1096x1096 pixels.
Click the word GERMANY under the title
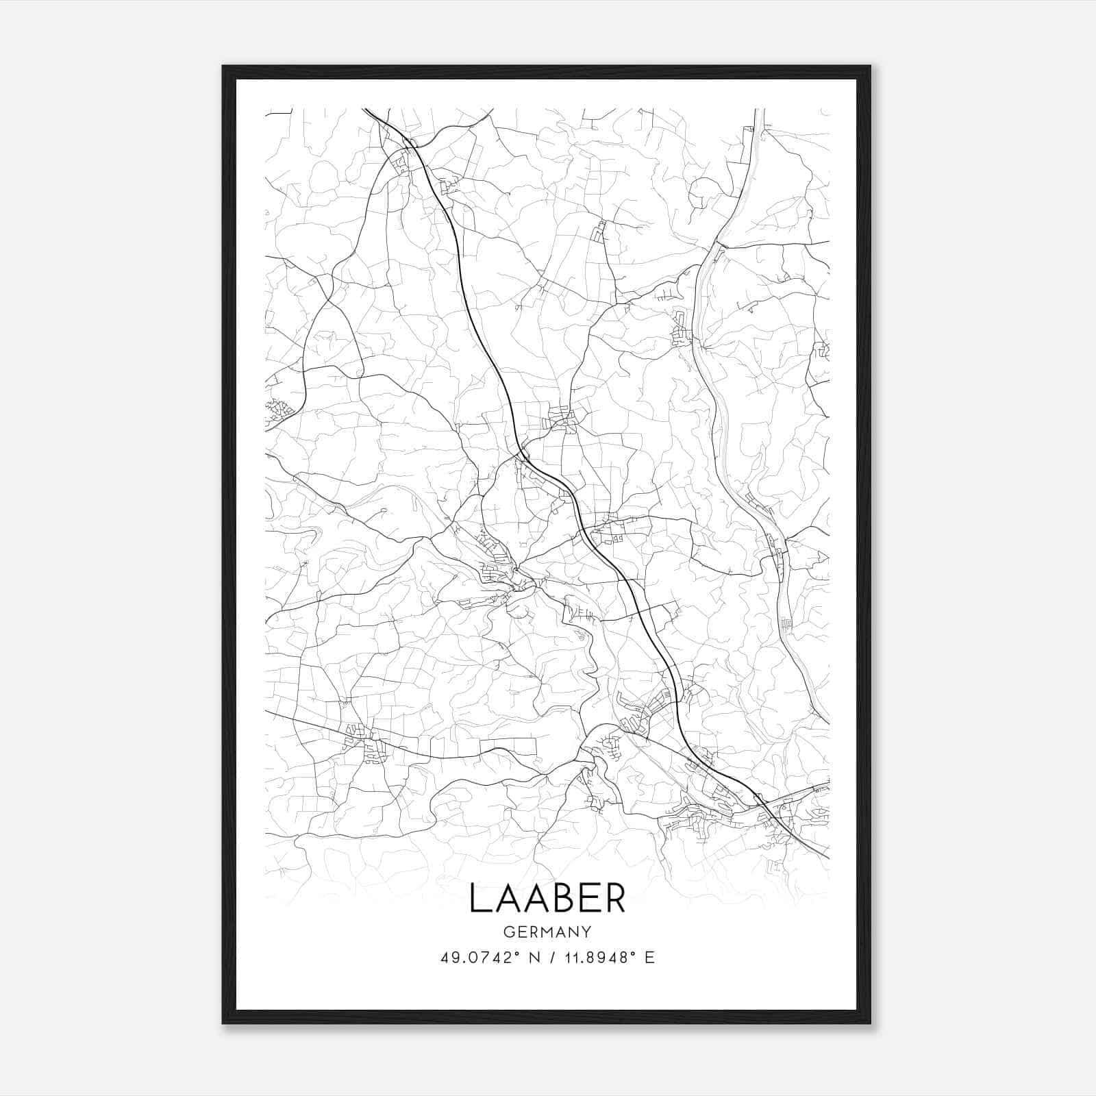547,932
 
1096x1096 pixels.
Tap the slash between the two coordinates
551,958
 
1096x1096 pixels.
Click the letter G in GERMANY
508,932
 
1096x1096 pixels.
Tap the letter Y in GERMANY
586,932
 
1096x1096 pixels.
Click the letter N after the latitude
534,958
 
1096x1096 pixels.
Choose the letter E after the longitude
649,958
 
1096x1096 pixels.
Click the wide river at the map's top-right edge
759,120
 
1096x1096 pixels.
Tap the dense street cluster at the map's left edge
279,410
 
